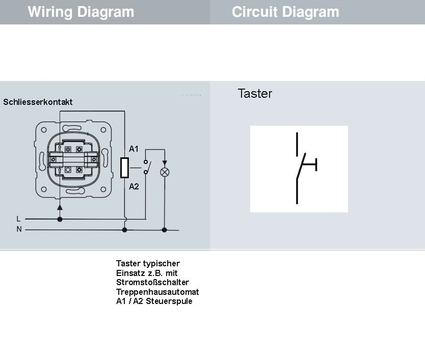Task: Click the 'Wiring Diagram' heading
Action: [x=81, y=12]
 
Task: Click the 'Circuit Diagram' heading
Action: [x=285, y=12]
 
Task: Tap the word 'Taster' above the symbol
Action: [x=255, y=94]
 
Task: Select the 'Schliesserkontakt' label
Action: [x=38, y=102]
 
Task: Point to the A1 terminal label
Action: [x=134, y=149]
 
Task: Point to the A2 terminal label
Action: [x=134, y=186]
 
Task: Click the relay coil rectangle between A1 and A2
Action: [x=124, y=168]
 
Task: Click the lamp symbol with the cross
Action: [x=165, y=172]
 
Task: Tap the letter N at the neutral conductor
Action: [x=19, y=230]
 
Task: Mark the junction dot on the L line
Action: [x=60, y=219]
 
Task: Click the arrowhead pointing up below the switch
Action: [x=60, y=207]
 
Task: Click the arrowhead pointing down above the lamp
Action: [x=164, y=163]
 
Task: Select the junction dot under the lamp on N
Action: [x=164, y=230]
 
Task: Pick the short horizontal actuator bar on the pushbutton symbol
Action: [x=310, y=164]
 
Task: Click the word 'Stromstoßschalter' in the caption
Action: [x=152, y=282]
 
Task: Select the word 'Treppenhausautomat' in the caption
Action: [x=157, y=292]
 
